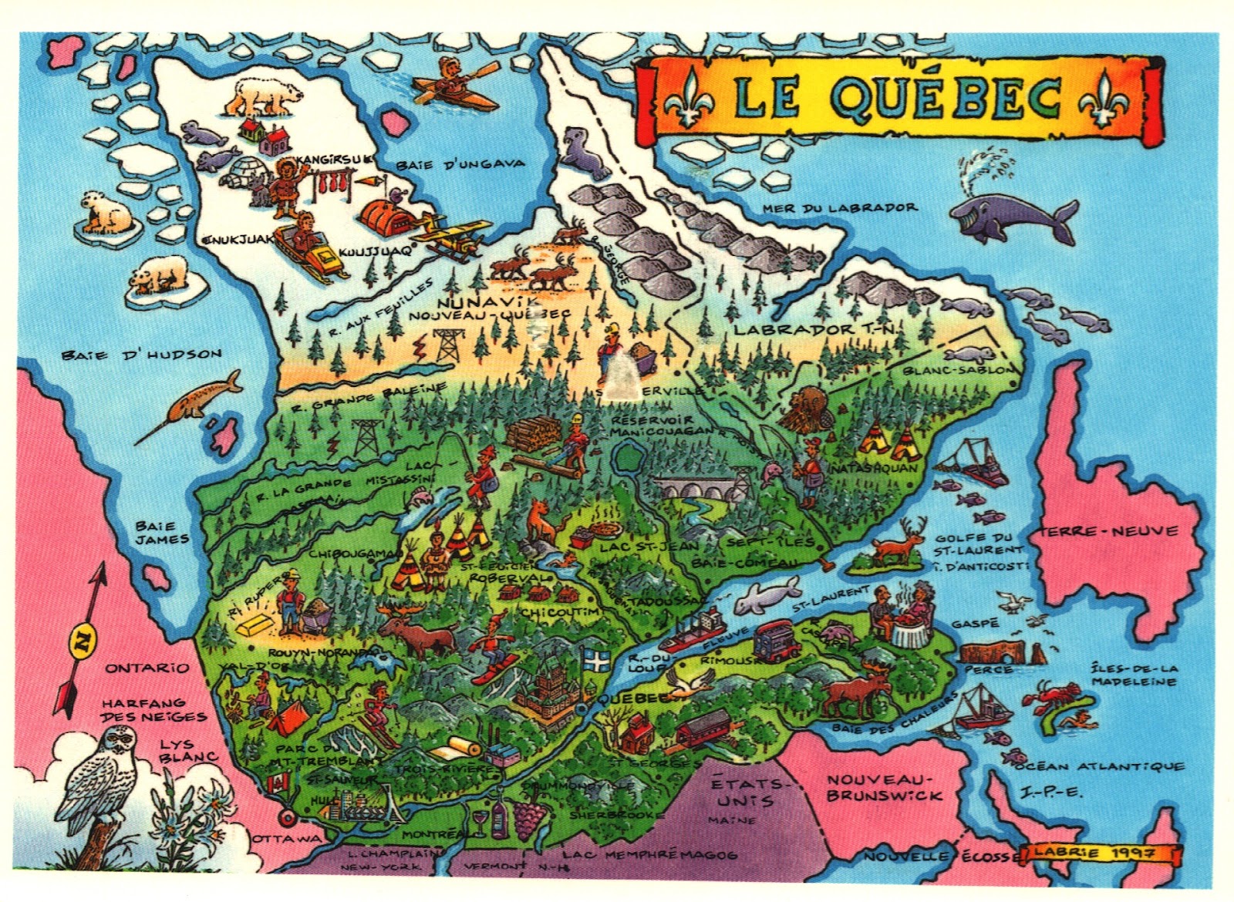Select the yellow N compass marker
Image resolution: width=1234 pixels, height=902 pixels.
(x=79, y=639)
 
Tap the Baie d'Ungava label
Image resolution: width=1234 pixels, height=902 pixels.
(x=460, y=163)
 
